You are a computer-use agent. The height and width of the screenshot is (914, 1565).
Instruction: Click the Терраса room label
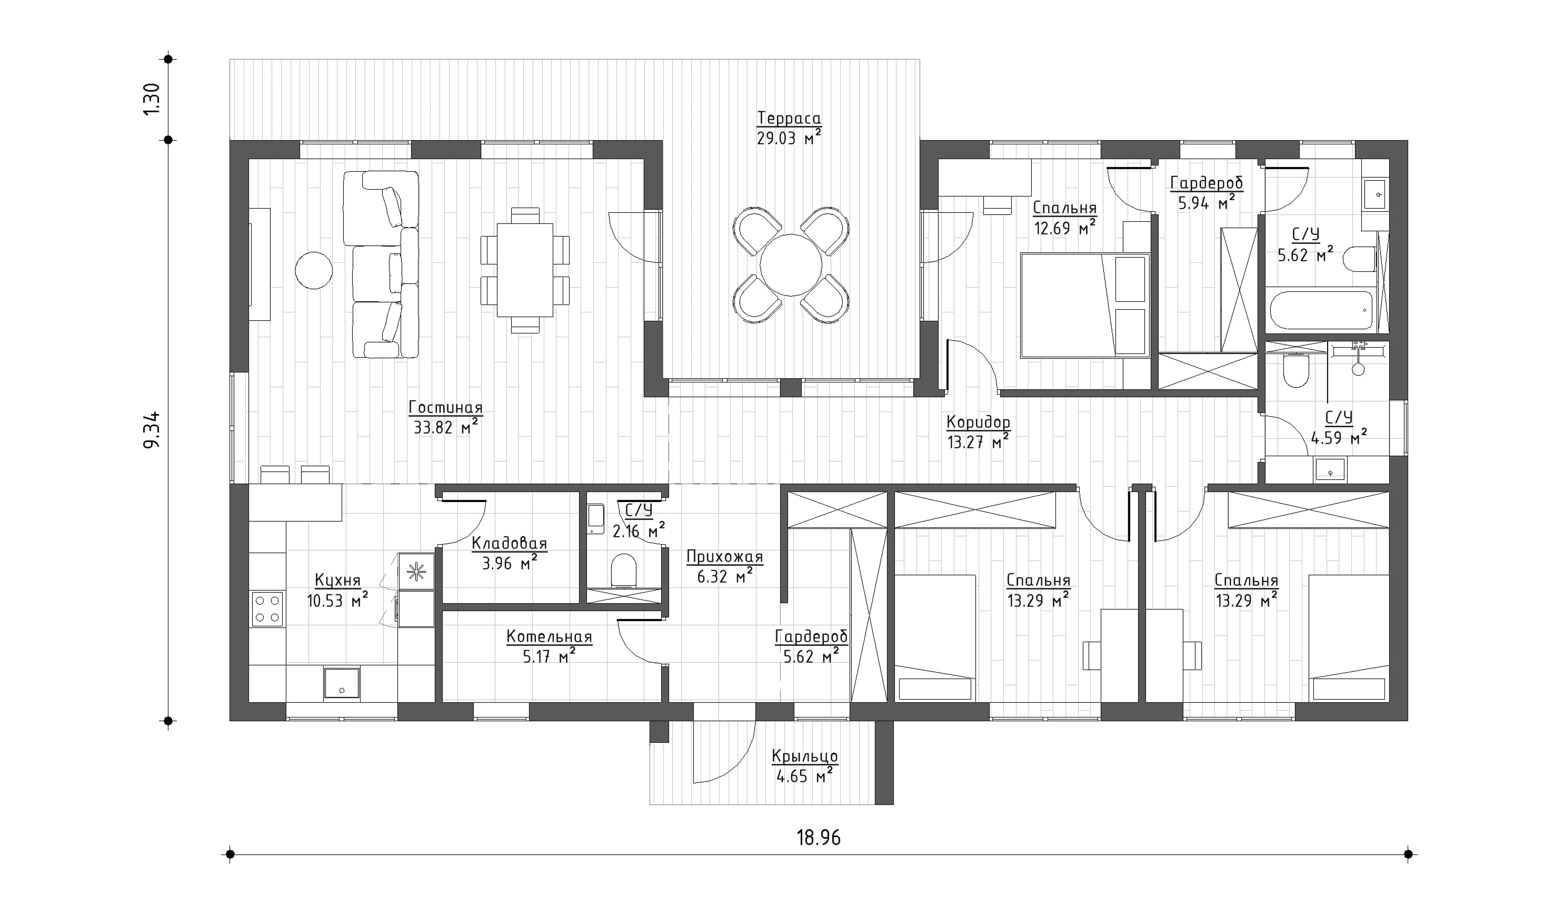789,118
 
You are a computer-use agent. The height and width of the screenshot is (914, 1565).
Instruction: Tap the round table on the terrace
791,264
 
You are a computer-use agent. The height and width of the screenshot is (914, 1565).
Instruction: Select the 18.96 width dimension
819,838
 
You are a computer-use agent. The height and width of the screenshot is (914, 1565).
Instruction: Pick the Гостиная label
445,408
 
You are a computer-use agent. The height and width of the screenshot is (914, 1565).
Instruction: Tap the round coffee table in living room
314,270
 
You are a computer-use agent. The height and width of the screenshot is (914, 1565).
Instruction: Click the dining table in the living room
525,270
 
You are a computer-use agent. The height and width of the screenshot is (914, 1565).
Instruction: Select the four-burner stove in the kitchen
267,609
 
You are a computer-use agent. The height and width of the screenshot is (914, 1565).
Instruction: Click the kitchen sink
341,683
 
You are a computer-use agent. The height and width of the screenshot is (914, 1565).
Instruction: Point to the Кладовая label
509,544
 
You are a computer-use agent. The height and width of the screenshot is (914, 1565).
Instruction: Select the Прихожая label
724,557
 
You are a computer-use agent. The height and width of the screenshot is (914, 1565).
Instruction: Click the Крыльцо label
805,756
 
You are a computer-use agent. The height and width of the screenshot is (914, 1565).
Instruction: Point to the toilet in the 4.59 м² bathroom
1296,370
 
